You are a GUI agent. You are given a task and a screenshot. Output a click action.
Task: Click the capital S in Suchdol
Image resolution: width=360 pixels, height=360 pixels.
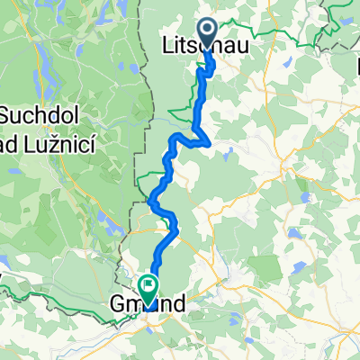pos(7,115)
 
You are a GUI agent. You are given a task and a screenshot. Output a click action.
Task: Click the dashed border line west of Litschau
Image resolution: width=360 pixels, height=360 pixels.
pos(144,54)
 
